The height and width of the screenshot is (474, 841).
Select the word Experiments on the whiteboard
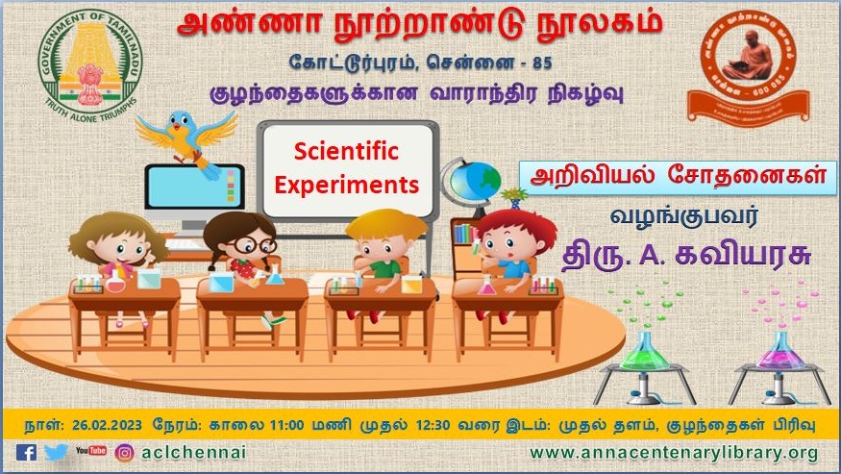pyautogui.click(x=347, y=182)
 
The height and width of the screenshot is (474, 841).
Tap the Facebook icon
pyautogui.click(x=26, y=452)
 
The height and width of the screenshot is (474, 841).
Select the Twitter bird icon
pyautogui.click(x=57, y=452)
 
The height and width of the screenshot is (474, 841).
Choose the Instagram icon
pyautogui.click(x=124, y=452)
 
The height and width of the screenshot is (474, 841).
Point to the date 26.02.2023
pyautogui.click(x=93, y=421)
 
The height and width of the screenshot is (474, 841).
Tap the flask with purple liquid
pyautogui.click(x=778, y=351)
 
